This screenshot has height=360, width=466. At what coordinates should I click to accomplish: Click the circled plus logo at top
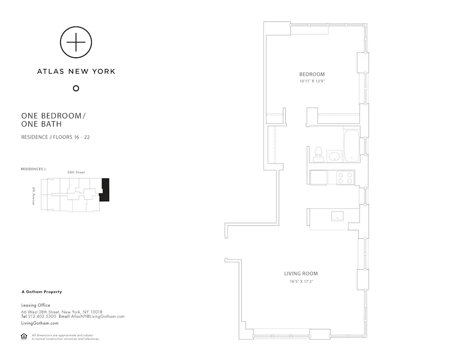[x=76, y=42]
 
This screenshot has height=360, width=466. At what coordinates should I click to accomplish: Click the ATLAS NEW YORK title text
[x=76, y=71]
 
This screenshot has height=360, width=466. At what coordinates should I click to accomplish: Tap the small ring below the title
[x=76, y=88]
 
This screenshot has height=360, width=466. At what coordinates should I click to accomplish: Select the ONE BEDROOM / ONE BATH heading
[x=48, y=120]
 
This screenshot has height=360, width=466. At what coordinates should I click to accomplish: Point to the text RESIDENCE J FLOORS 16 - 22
[x=55, y=137]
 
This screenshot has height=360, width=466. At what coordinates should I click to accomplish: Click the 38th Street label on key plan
[x=76, y=172]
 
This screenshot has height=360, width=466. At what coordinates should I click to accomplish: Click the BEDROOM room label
[x=312, y=75]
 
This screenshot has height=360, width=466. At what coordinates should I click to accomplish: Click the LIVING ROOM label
[x=301, y=274]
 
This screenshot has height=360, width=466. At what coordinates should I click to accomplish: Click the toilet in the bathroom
[x=319, y=154]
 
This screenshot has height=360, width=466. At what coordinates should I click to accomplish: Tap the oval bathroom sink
[x=334, y=156]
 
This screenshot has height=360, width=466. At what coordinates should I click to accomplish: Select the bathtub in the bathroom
[x=351, y=146]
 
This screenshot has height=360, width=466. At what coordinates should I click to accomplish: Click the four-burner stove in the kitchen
[x=345, y=177]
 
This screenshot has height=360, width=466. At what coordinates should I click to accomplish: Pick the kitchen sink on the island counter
[x=337, y=216]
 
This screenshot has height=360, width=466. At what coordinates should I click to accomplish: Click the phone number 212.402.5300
[x=43, y=317]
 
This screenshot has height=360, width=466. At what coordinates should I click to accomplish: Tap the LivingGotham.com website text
[x=40, y=323]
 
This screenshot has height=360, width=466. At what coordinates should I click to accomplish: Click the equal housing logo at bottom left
[x=24, y=336]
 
